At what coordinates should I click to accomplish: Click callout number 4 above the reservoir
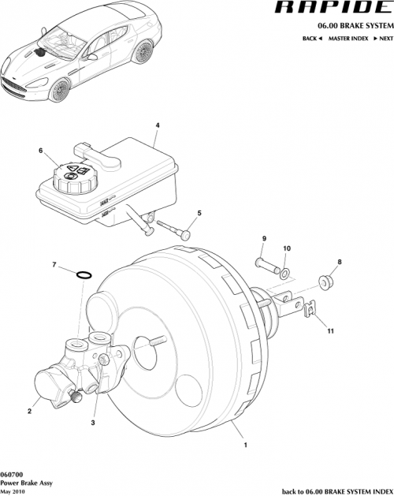coord(157,125)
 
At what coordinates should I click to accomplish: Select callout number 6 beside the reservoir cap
coord(41,150)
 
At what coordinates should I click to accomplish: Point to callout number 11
coord(331,332)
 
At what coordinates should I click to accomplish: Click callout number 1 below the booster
coord(246,445)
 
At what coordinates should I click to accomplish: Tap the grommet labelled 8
coord(326,280)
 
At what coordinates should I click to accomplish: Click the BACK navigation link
coord(312,39)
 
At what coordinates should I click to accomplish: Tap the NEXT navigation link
coord(383,39)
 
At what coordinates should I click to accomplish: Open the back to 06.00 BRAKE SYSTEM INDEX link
coord(335,490)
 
